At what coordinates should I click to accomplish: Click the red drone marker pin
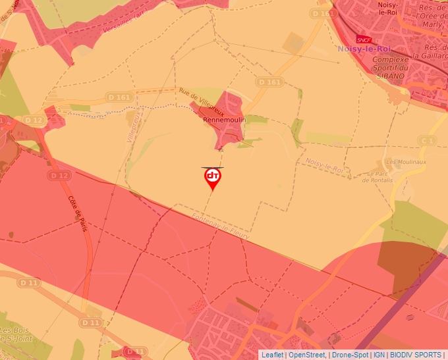(x=212, y=178)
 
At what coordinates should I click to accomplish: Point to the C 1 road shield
(x=428, y=141)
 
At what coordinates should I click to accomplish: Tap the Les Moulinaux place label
(x=402, y=162)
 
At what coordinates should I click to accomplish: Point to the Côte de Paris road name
(x=78, y=213)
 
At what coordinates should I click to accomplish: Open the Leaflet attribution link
(x=272, y=355)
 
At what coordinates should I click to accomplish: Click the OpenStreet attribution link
(x=306, y=355)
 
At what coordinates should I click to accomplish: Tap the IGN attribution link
(x=379, y=355)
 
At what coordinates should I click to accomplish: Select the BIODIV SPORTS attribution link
(x=416, y=355)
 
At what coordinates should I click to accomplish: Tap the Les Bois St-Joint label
(x=14, y=334)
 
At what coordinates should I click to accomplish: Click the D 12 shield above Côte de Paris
(x=59, y=176)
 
